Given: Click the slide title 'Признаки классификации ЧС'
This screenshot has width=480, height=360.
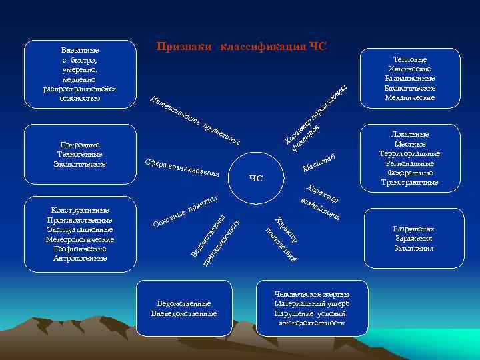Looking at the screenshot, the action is click(242, 46).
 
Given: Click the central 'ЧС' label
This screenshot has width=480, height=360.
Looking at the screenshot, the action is click(256, 178).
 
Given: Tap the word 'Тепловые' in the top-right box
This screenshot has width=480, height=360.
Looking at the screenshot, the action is click(410, 59).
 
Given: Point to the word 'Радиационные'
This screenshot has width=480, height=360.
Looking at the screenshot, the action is click(410, 78).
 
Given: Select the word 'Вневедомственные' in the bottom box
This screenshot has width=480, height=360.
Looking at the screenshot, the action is click(184, 313).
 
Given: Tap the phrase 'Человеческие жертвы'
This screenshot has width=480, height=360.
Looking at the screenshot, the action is click(312, 294).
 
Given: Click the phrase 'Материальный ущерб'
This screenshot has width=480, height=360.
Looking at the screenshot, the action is click(312, 303).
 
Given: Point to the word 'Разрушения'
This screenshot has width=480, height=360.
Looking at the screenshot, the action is click(414, 229).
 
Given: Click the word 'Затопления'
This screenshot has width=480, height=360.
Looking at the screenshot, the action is click(414, 248).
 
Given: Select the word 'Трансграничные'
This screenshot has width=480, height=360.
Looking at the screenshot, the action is click(410, 182).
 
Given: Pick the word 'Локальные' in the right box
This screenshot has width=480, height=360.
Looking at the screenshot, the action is click(410, 135).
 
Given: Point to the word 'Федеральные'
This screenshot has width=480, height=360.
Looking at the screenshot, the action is click(410, 173).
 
